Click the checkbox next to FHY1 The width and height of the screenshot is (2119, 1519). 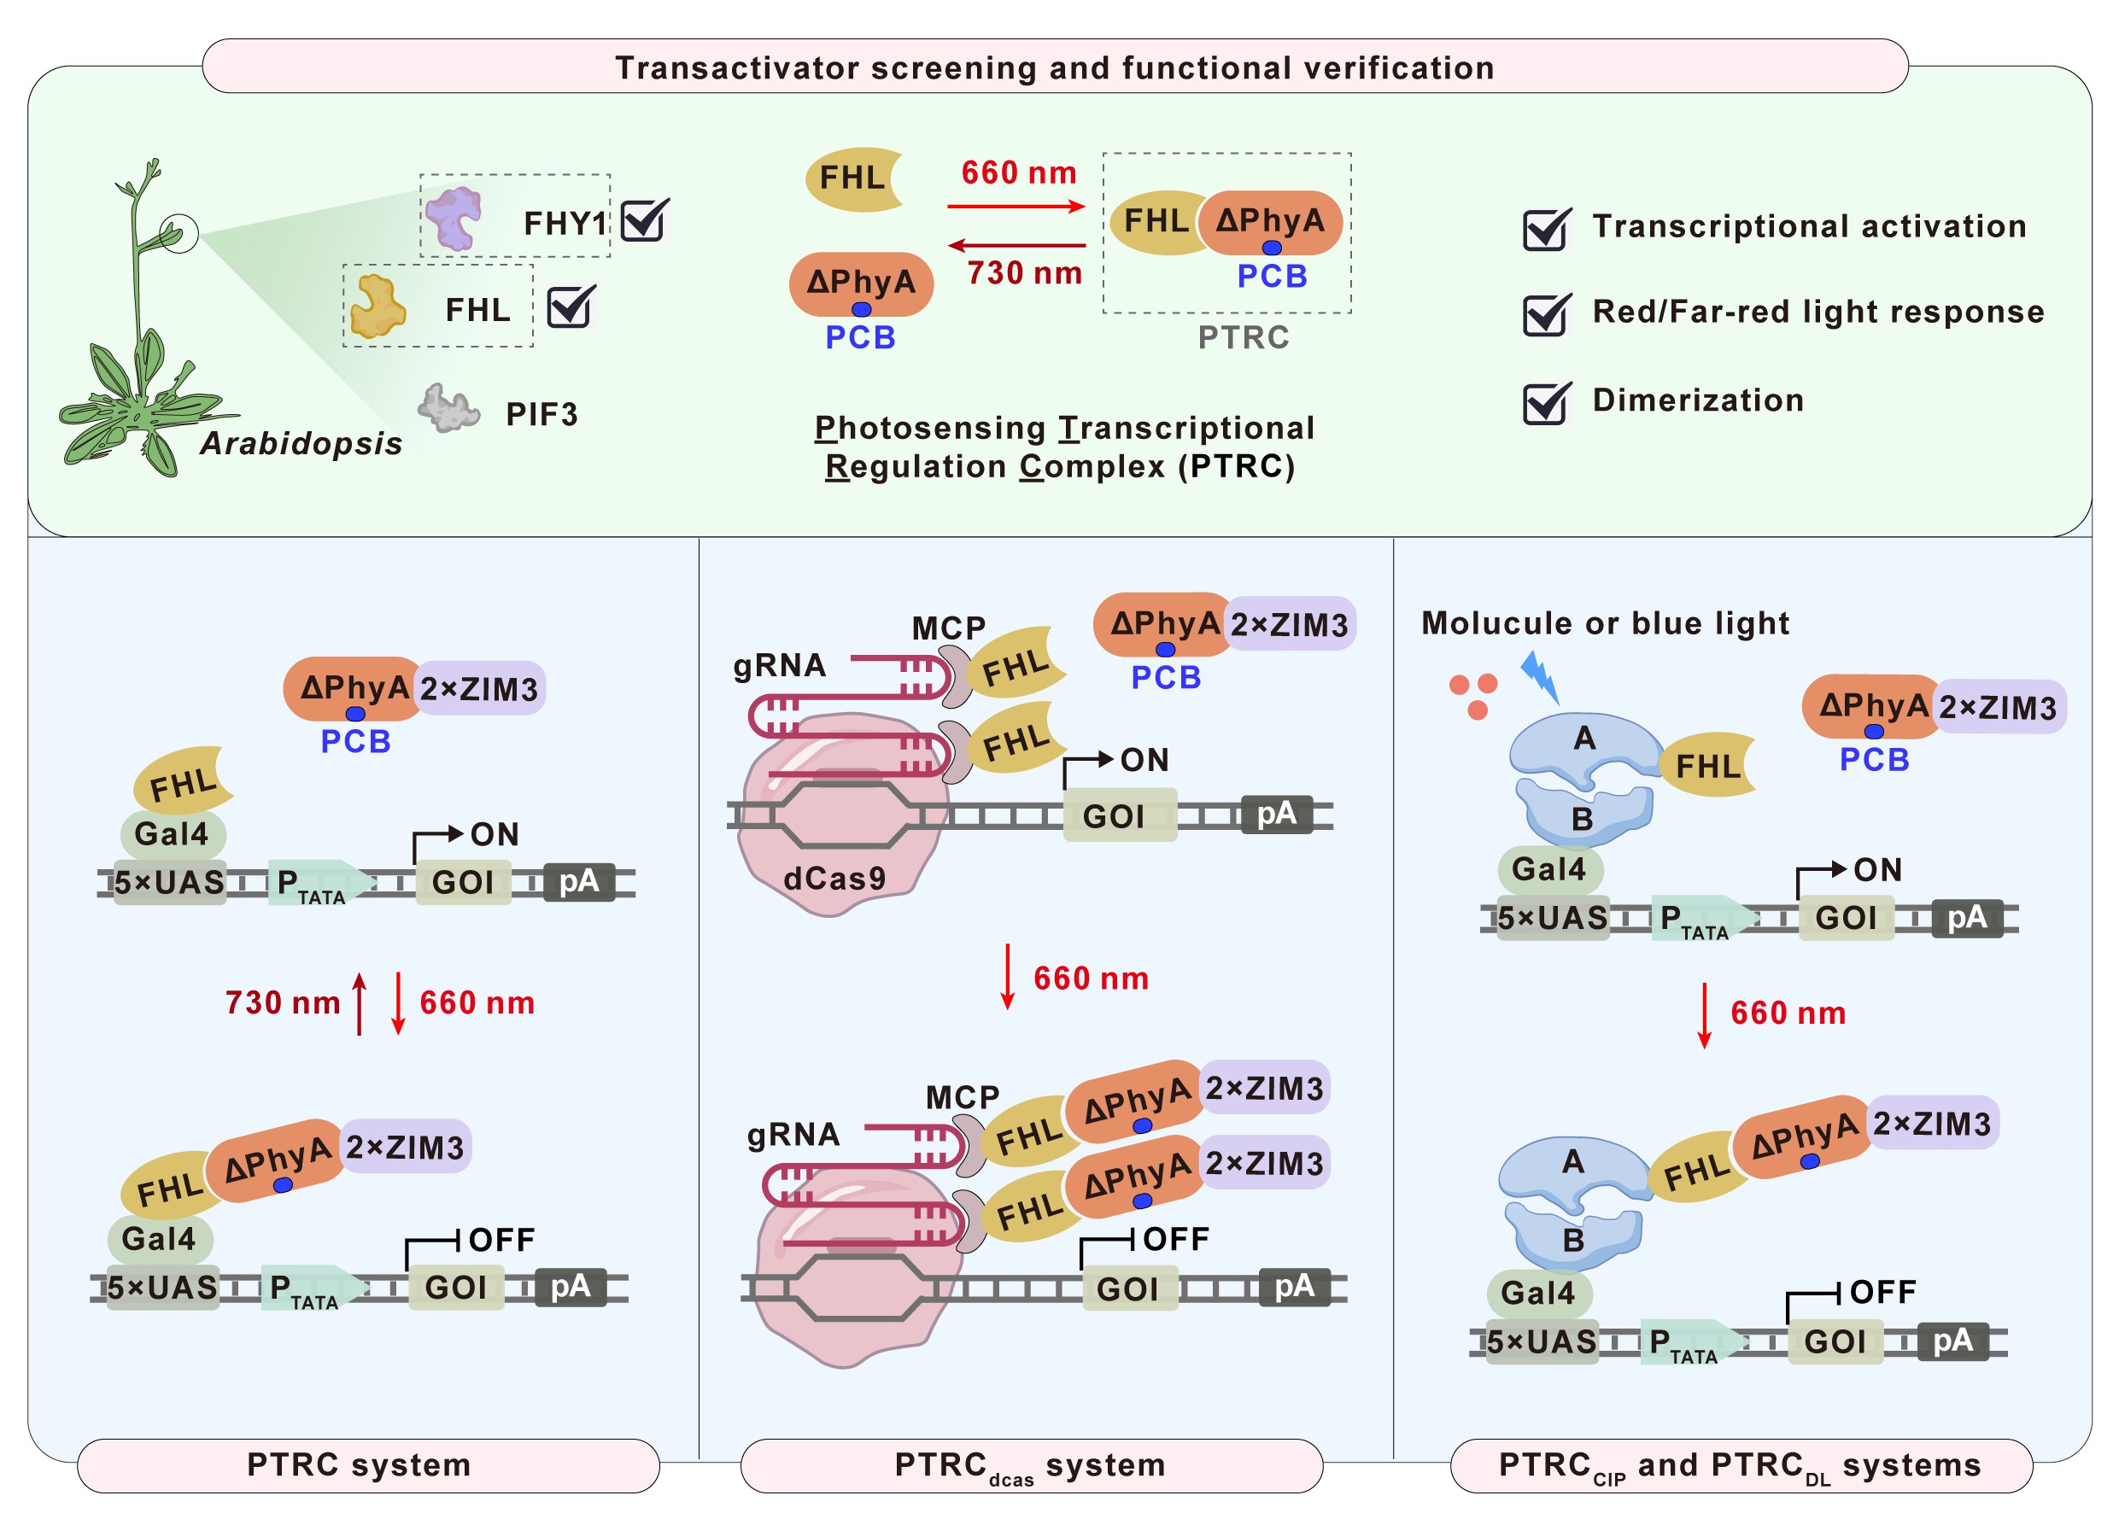coord(644,221)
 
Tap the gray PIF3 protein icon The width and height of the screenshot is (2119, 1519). coord(448,408)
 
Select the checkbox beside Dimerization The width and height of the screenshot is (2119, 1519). coord(1546,403)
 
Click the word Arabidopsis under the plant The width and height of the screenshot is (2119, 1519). coord(301,443)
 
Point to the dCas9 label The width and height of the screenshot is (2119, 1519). coord(834,878)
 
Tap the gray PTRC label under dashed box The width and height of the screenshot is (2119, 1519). coord(1243,337)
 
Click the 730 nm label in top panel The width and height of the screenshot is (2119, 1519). coord(1024,272)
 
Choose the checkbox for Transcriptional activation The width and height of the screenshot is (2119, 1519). coord(1546,229)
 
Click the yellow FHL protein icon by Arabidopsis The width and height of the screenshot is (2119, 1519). coord(378,306)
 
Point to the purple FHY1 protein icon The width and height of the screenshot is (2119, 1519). coord(454,217)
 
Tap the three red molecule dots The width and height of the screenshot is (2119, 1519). coord(1473,695)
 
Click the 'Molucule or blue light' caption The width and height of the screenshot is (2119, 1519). coord(1604,623)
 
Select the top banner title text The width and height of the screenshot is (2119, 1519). coord(1055,67)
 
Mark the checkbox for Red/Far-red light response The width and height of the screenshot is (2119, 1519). coord(1546,315)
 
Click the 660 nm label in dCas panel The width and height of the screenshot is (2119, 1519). coord(1091,979)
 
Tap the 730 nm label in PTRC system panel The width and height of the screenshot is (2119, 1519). coord(282,1002)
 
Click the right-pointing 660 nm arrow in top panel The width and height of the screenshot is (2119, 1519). coord(1016,206)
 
